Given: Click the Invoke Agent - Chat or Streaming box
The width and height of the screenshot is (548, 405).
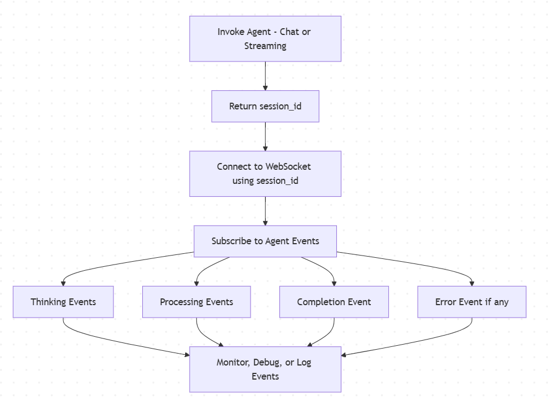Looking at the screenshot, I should (x=265, y=38).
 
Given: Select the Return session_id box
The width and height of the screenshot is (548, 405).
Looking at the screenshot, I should (x=265, y=106).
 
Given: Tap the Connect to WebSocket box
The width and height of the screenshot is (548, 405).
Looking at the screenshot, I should (x=265, y=174).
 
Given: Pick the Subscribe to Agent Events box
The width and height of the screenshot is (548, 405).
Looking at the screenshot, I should (x=265, y=241).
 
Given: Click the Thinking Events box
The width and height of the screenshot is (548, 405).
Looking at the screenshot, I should (x=63, y=302).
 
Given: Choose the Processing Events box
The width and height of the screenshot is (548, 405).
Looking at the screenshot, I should (x=196, y=302).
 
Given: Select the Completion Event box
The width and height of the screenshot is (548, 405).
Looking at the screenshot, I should (x=334, y=302).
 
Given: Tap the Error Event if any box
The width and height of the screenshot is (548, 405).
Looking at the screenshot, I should (x=472, y=302).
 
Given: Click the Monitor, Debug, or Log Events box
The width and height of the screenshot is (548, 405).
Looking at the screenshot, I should (x=265, y=369).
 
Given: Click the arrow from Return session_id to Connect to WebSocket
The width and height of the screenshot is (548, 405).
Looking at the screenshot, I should (x=265, y=136).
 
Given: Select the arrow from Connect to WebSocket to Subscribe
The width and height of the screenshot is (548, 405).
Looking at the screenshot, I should (x=265, y=210).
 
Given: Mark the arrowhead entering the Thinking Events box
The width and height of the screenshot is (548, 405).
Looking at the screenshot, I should (x=63, y=283).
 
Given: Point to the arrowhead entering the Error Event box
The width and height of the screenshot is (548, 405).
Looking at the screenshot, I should (x=472, y=283).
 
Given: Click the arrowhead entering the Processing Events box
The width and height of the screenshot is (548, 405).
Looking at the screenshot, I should (x=196, y=283).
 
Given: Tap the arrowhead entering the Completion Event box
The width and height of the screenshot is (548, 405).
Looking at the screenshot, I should (x=334, y=283).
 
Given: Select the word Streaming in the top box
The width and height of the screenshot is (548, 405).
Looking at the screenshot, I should (x=265, y=46).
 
